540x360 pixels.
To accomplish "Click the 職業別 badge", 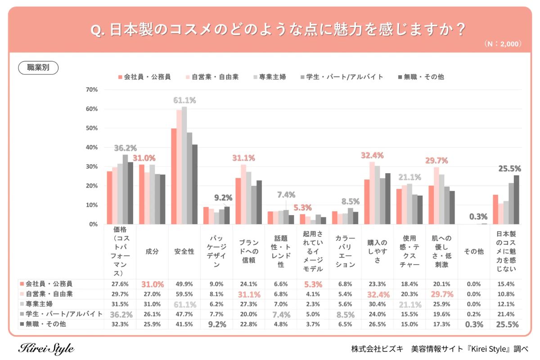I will coord(38,67).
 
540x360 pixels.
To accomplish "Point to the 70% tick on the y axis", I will coord(91,90).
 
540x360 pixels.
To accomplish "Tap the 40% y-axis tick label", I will coord(91,148).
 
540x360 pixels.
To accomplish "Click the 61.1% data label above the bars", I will coord(184,100).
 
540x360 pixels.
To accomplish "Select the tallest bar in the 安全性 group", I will coord(184,165).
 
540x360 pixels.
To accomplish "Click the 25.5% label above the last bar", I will coord(509,169).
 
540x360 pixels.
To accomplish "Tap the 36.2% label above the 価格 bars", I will coord(125,148).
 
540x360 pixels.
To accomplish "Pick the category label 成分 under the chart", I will coord(152,252).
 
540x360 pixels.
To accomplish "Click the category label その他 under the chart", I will coord(473,252).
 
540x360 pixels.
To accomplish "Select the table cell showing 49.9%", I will coord(184,284).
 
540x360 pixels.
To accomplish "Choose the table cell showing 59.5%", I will coord(184,294).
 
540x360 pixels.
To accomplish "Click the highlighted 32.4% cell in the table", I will coord(377,294).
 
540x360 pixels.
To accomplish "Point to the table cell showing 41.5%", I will coord(184,324).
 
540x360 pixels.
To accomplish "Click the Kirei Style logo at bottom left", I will coord(46,349).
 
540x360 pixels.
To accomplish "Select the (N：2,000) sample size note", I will coord(503,44).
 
